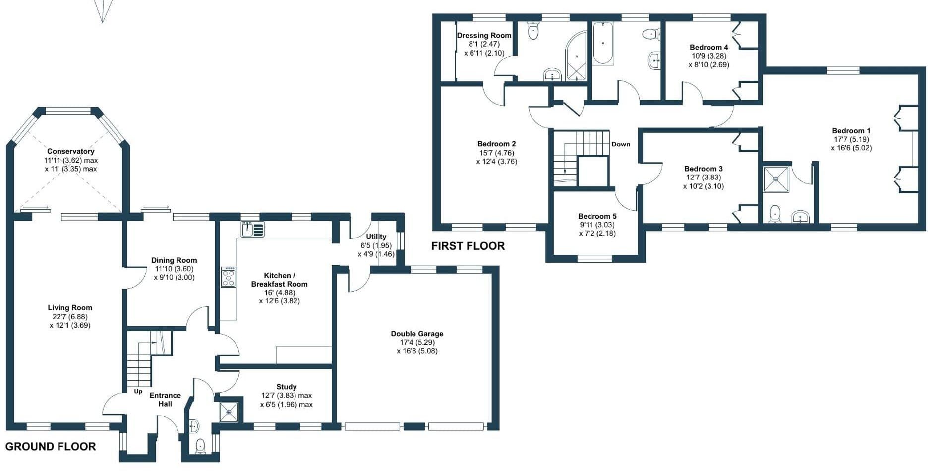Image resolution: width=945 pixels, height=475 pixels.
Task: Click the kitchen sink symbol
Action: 253,229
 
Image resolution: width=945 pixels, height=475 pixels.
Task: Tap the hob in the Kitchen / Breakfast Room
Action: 229,277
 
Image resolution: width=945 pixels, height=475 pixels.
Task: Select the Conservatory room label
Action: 70,151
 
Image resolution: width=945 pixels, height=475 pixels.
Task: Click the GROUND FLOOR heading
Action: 51,446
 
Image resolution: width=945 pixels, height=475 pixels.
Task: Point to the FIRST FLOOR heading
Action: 468,246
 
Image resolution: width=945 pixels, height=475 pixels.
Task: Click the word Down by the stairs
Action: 621,144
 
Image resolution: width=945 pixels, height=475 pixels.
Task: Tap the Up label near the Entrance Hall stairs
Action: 138,391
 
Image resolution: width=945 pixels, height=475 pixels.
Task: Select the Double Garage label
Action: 417,334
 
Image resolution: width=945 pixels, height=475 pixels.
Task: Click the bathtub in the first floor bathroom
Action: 603,43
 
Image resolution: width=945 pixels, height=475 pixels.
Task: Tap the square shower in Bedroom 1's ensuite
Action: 776,179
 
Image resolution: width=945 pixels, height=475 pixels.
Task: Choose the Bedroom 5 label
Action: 597,216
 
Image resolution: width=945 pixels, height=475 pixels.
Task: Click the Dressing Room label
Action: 484,36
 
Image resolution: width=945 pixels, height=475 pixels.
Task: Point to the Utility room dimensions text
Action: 376,250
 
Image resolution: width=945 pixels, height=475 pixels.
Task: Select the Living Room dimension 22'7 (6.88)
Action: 70,317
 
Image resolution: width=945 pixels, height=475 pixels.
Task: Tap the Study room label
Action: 287,387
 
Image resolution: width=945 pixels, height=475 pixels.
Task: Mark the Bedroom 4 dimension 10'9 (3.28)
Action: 709,56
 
